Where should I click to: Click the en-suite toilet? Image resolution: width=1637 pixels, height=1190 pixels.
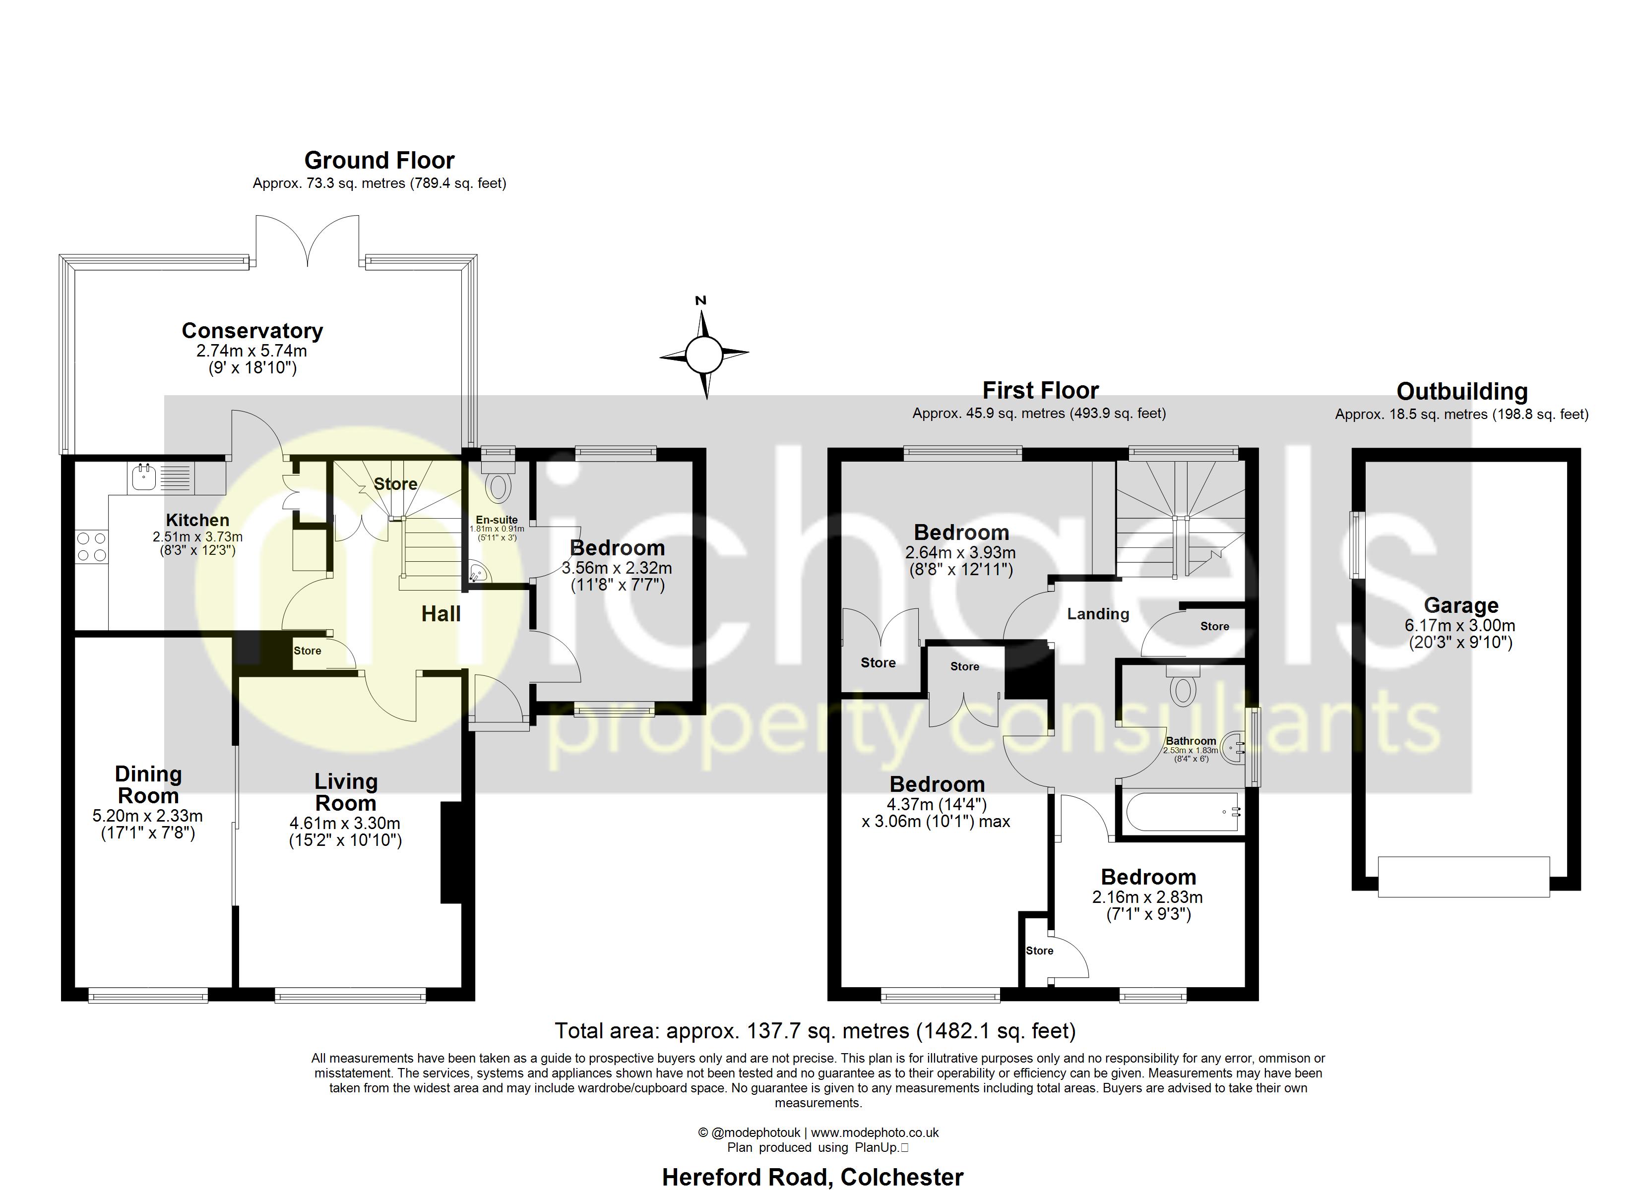[x=498, y=487]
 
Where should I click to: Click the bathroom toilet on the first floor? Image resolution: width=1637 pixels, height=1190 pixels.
[x=1182, y=689]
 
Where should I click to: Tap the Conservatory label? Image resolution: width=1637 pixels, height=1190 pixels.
[x=252, y=331]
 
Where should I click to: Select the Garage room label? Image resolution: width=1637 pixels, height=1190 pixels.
[x=1460, y=605]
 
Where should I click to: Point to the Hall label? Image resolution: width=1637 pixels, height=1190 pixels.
[x=441, y=614]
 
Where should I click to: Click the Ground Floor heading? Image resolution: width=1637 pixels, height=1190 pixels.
[x=379, y=160]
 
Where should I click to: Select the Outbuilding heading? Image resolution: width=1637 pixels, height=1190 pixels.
[x=1461, y=391]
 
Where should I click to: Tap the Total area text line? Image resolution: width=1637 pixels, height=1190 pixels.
[x=815, y=1030]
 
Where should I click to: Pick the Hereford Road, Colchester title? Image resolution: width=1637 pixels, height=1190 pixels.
[x=812, y=1176]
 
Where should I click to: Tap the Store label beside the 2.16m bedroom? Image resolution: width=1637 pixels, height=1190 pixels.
[x=1039, y=951]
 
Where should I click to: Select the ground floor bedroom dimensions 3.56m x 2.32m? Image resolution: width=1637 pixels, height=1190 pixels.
[x=617, y=568]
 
